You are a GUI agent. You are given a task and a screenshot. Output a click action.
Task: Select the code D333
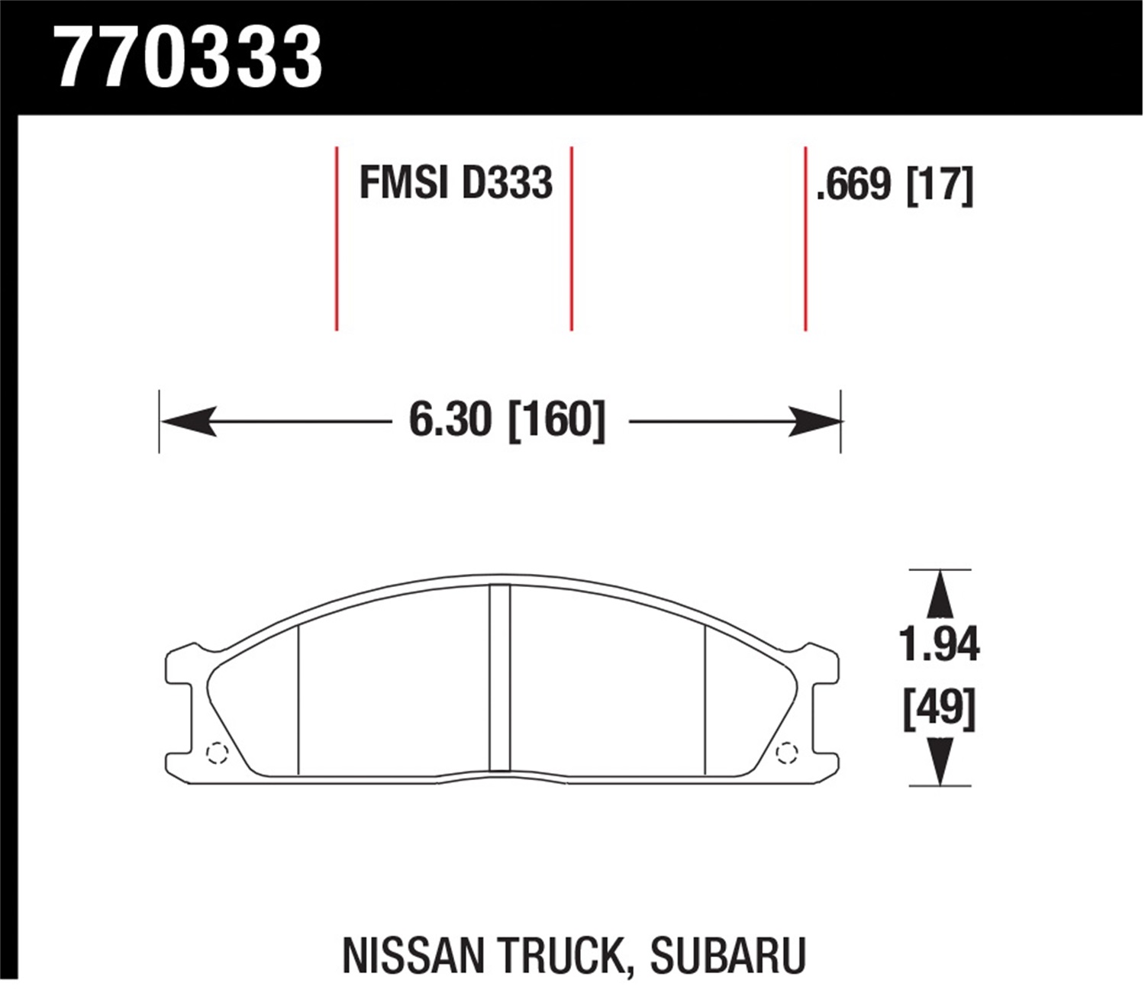pyautogui.click(x=506, y=184)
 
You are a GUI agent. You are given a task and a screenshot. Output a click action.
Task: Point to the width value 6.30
pyautogui.click(x=450, y=421)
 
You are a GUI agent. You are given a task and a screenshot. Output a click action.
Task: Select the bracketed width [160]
pyautogui.click(x=556, y=421)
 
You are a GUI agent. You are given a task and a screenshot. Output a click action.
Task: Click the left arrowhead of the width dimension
pyautogui.click(x=187, y=421)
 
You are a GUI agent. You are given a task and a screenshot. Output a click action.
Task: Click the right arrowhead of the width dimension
pyautogui.click(x=814, y=421)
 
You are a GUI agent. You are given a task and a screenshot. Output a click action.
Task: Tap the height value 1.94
pyautogui.click(x=939, y=646)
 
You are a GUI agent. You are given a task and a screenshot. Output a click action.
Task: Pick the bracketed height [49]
pyautogui.click(x=939, y=708)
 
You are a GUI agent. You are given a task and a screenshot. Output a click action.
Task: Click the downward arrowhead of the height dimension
pyautogui.click(x=940, y=762)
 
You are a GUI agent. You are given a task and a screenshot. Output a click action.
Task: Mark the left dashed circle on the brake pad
pyautogui.click(x=218, y=753)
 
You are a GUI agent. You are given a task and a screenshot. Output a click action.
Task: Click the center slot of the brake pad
pyautogui.click(x=499, y=678)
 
